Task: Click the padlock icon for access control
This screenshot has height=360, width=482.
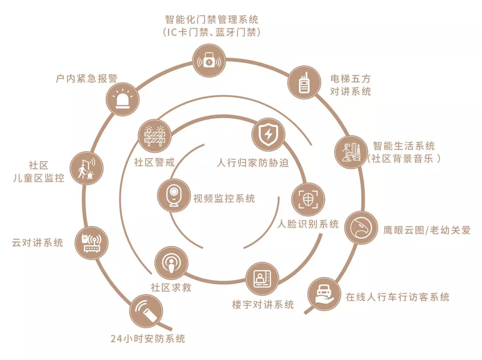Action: click(x=209, y=61)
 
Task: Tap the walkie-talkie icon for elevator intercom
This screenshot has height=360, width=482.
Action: click(x=304, y=82)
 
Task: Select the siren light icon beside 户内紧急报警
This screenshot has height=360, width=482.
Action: click(x=123, y=100)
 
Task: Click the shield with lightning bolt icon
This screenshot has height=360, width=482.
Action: click(x=268, y=134)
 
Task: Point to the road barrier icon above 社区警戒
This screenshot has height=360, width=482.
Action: click(x=155, y=136)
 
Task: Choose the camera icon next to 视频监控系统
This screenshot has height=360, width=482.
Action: click(x=174, y=195)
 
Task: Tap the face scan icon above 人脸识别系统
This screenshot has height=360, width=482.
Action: click(x=308, y=200)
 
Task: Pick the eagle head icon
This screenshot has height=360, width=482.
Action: click(x=361, y=228)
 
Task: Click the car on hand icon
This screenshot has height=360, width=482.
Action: click(x=324, y=294)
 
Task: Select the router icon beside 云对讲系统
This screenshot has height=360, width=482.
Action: click(x=91, y=243)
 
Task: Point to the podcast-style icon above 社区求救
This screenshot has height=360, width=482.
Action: click(x=171, y=263)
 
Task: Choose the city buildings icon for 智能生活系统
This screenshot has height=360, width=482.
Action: click(x=351, y=152)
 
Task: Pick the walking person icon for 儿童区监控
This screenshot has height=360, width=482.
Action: click(x=87, y=168)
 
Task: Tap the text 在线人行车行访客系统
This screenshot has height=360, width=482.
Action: click(x=398, y=297)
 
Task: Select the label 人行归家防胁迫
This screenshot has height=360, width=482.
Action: click(x=253, y=163)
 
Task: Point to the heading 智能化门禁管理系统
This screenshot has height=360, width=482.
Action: click(x=212, y=19)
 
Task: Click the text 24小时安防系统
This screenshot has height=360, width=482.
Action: click(x=148, y=339)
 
